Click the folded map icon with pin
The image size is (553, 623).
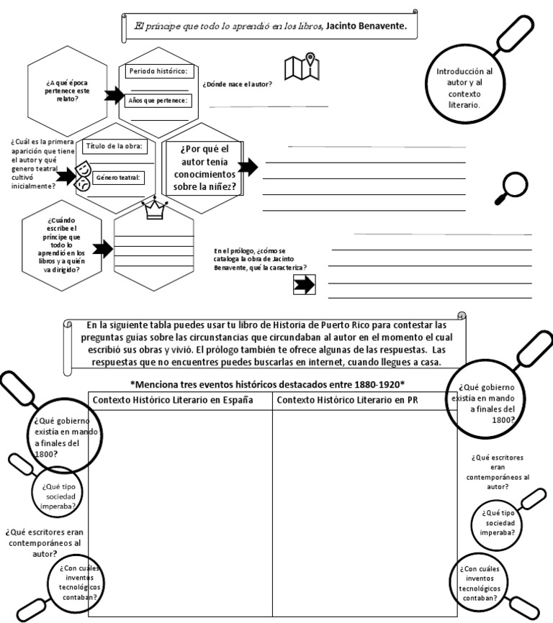[302, 66]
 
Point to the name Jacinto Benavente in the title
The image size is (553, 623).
[367, 25]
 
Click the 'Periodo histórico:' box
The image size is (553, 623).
[158, 71]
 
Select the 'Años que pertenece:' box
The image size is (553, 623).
[158, 101]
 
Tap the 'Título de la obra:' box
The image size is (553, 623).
[115, 146]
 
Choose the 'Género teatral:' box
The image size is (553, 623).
[119, 178]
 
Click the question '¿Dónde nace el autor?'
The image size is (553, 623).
[237, 84]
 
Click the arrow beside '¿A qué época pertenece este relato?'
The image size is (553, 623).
[114, 96]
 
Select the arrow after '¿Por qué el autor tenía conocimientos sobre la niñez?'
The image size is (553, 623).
[248, 168]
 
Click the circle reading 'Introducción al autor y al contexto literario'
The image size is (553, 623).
[464, 88]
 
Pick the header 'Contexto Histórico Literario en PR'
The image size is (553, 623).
[347, 400]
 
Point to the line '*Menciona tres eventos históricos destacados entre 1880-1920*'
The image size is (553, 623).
[267, 383]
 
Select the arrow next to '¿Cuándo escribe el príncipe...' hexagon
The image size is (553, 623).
[103, 250]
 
